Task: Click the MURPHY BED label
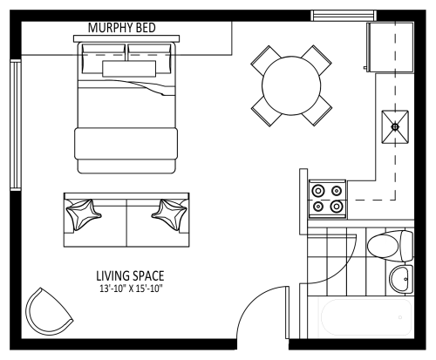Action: [x=122, y=28]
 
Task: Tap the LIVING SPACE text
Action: [x=130, y=275]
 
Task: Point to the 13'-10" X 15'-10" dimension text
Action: [x=130, y=289]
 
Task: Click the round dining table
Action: [x=291, y=85]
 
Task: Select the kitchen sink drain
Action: [x=395, y=126]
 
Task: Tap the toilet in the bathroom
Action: [x=390, y=246]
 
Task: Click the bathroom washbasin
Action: [x=401, y=279]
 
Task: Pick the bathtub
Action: [x=365, y=317]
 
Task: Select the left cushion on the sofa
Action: [x=83, y=214]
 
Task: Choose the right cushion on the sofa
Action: [x=170, y=214]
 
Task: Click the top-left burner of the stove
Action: [x=318, y=191]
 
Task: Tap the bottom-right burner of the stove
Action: [x=337, y=207]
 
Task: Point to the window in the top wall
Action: [x=344, y=16]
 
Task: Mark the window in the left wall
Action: [x=16, y=126]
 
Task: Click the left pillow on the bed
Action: [x=103, y=58]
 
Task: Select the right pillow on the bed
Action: [x=149, y=58]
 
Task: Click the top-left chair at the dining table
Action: [x=266, y=60]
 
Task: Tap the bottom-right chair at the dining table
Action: [x=317, y=112]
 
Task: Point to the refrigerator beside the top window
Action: [x=390, y=47]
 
